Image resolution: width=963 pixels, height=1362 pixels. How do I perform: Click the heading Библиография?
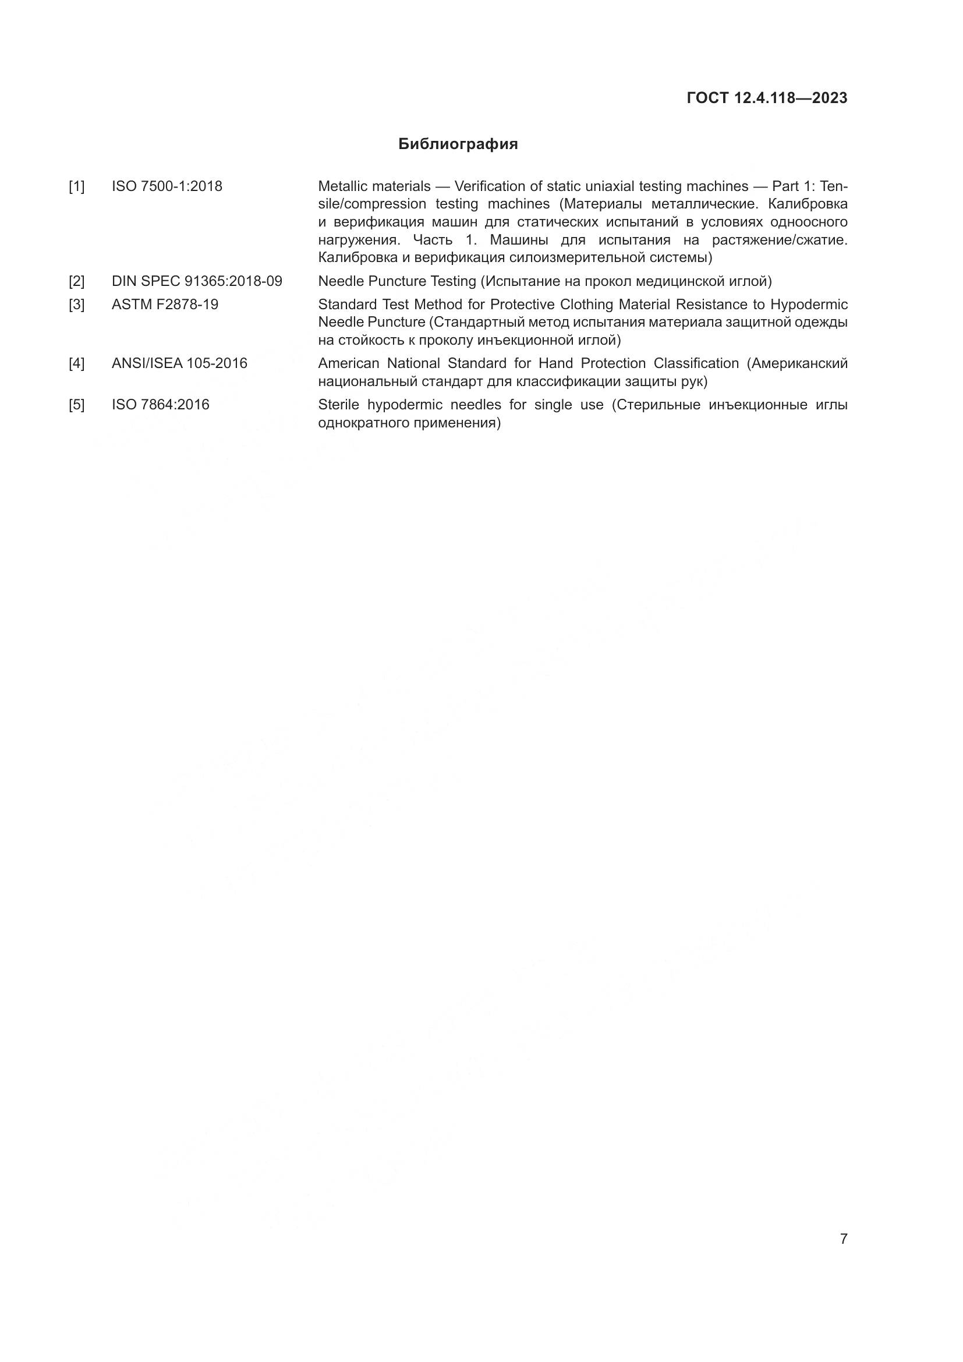click(458, 144)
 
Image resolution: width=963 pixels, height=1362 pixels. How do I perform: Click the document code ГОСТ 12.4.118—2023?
click(767, 98)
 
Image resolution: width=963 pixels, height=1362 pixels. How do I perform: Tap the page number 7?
click(843, 1239)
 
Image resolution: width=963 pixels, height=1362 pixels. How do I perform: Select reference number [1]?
click(76, 187)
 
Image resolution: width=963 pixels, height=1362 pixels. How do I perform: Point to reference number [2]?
click(76, 281)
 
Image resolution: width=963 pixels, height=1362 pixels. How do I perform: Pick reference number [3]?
click(76, 305)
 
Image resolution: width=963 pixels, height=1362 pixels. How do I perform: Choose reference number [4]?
click(76, 363)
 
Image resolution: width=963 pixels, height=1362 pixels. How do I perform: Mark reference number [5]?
click(76, 405)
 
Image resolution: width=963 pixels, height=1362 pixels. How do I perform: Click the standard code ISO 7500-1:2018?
click(167, 186)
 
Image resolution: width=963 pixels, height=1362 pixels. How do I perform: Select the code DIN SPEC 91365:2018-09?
click(197, 281)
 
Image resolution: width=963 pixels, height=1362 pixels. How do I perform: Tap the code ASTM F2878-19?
click(165, 305)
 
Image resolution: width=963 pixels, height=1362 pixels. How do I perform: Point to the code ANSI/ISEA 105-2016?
click(179, 363)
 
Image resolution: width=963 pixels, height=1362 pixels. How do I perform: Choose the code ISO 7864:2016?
click(160, 405)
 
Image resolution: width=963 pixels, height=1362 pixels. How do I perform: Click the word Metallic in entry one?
click(341, 186)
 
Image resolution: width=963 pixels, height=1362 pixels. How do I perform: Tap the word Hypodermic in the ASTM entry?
click(809, 305)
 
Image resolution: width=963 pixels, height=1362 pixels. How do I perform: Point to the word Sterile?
click(338, 405)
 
